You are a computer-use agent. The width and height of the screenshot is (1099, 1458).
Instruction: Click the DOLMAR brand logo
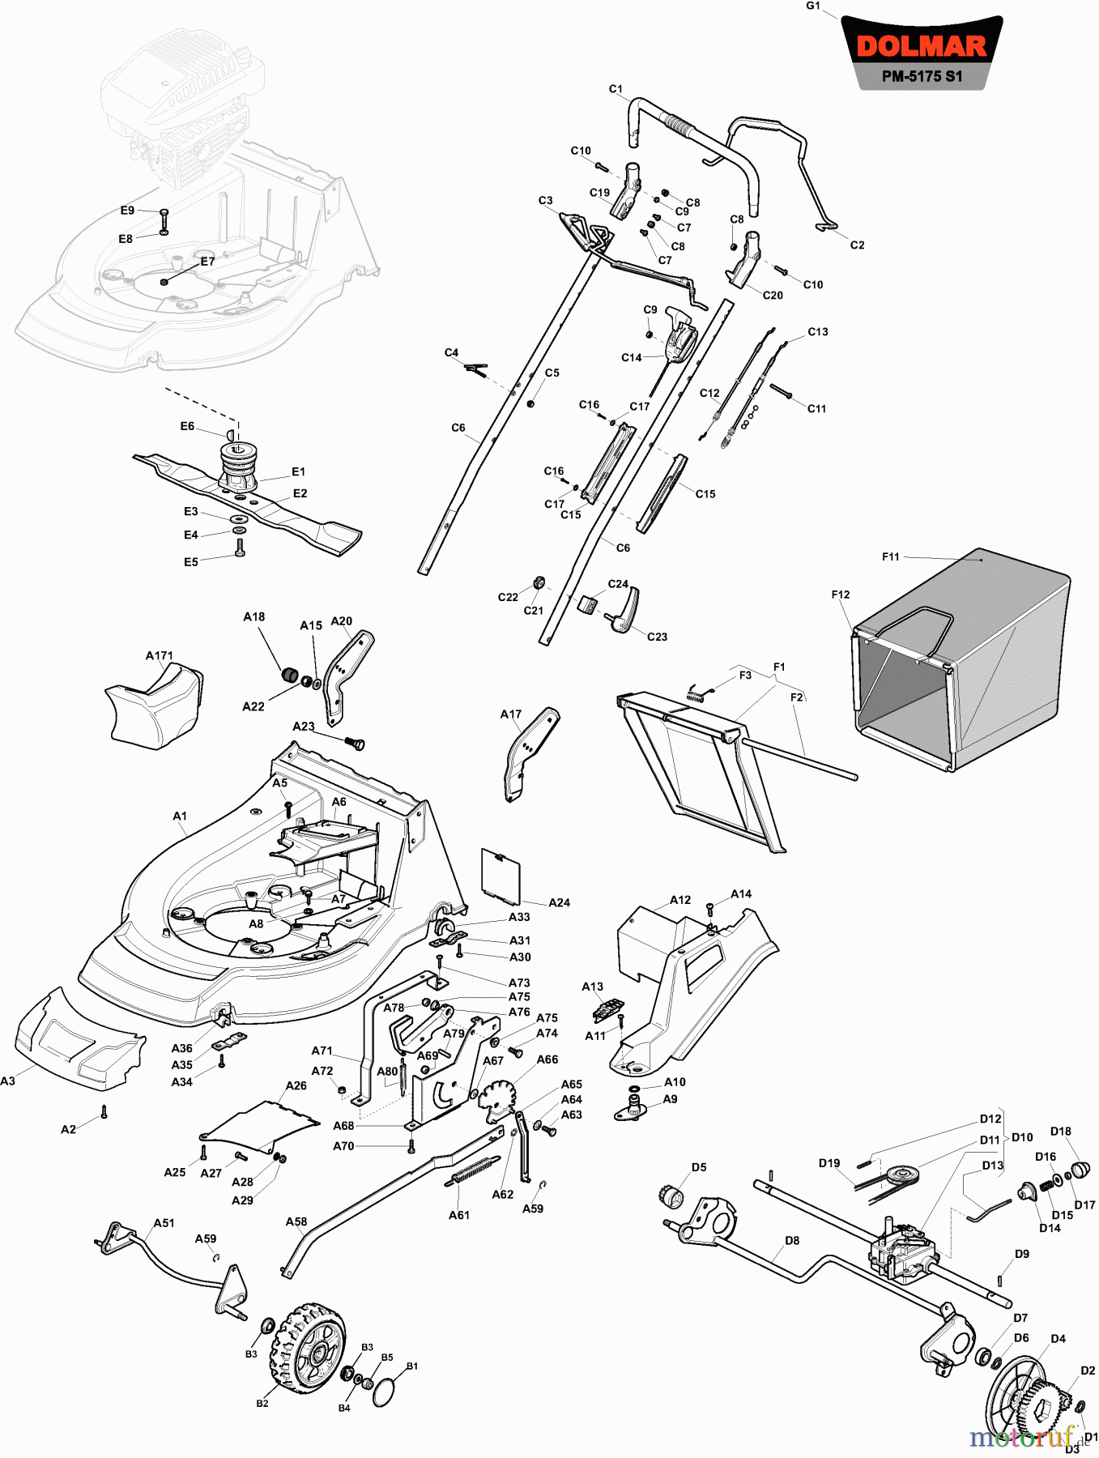(922, 45)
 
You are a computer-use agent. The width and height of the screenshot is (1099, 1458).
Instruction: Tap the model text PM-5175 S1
(922, 77)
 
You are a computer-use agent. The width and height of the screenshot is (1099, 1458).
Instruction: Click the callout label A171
(160, 655)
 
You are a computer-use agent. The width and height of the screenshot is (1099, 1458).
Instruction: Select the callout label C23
(657, 637)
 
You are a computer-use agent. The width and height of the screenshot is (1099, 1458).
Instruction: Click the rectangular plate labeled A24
(501, 876)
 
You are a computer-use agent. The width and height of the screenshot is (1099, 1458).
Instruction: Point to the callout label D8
(792, 1240)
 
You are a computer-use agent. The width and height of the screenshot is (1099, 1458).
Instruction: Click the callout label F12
(841, 595)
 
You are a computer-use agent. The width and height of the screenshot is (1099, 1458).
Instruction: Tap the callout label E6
(187, 426)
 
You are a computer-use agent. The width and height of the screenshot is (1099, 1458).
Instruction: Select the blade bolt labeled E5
(240, 548)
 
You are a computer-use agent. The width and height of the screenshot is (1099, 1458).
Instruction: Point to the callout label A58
(296, 1221)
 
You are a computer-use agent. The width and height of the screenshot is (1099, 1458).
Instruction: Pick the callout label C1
(616, 89)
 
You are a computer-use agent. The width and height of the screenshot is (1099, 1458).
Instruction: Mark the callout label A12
(680, 900)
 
